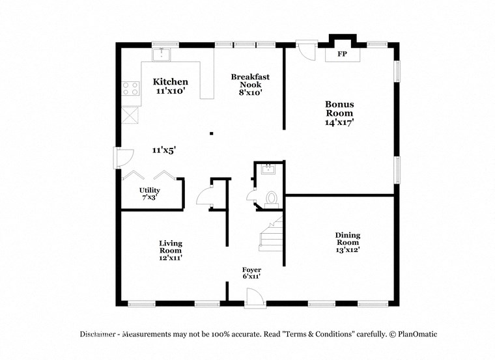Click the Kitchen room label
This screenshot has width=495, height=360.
[170, 82]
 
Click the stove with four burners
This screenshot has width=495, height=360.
[130, 89]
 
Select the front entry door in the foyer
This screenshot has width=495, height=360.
[253, 297]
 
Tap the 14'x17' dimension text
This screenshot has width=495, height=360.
[339, 122]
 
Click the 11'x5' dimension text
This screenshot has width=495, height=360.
[164, 150]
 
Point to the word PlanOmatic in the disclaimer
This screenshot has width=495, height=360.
[417, 334]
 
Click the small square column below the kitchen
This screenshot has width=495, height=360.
[211, 134]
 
